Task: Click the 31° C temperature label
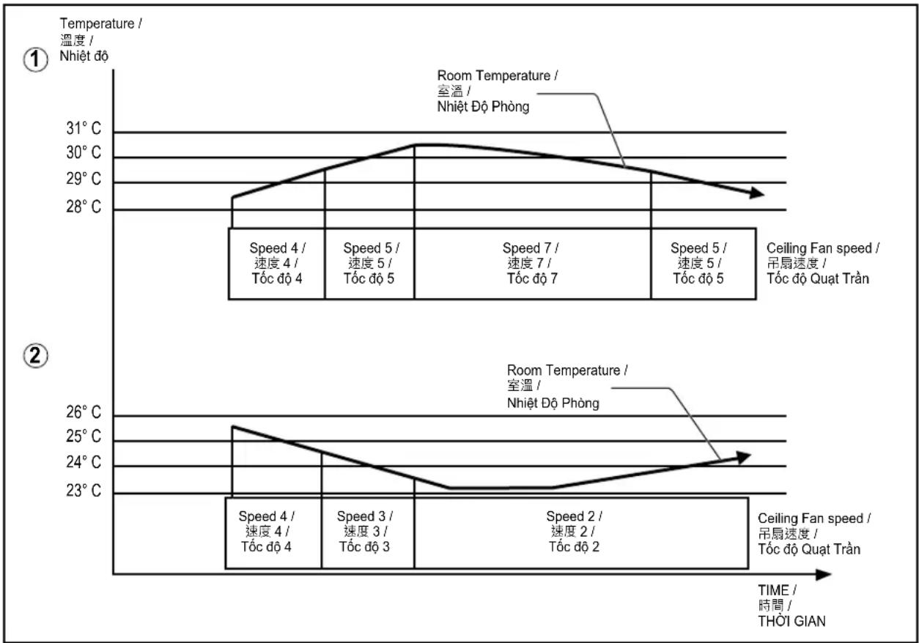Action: click(x=84, y=128)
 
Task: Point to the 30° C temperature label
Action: click(x=84, y=152)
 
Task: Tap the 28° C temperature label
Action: click(x=84, y=207)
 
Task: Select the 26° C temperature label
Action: click(x=84, y=412)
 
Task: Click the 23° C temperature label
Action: click(x=84, y=491)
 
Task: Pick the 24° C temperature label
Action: click(x=84, y=462)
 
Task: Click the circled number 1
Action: click(x=35, y=59)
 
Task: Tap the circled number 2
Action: click(x=35, y=355)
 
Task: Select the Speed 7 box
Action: click(x=533, y=264)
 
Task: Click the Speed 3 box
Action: click(x=368, y=533)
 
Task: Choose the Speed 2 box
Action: click(x=581, y=533)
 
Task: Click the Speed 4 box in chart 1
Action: click(x=276, y=264)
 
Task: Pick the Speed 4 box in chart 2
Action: click(x=273, y=533)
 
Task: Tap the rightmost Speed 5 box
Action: click(x=704, y=264)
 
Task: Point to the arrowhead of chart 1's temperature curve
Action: click(x=757, y=193)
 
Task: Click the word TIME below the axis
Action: click(x=773, y=590)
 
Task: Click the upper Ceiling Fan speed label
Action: click(x=822, y=263)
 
